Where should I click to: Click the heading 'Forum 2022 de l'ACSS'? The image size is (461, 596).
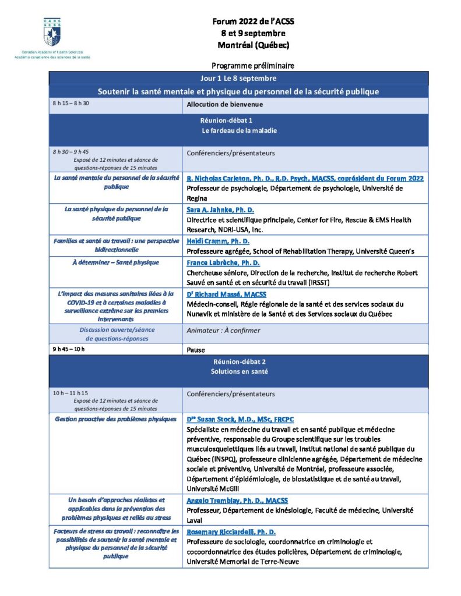(254, 22)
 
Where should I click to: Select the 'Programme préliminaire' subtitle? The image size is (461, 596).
(253, 66)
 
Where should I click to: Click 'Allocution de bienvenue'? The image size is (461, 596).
(224, 105)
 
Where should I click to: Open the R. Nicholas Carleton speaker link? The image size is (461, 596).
(305, 178)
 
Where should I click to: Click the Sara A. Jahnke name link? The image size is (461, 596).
(220, 210)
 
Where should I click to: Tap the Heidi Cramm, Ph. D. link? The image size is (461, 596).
(218, 241)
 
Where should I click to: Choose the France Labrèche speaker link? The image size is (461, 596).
(222, 262)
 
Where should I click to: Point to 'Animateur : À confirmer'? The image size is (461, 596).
(223, 331)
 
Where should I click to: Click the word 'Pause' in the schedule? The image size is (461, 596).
(196, 350)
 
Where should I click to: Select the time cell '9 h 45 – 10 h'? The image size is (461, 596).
(69, 349)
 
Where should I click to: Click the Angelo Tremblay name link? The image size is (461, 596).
(237, 501)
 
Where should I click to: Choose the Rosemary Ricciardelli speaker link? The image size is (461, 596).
(231, 532)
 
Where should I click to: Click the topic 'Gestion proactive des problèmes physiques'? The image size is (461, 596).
(115, 419)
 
